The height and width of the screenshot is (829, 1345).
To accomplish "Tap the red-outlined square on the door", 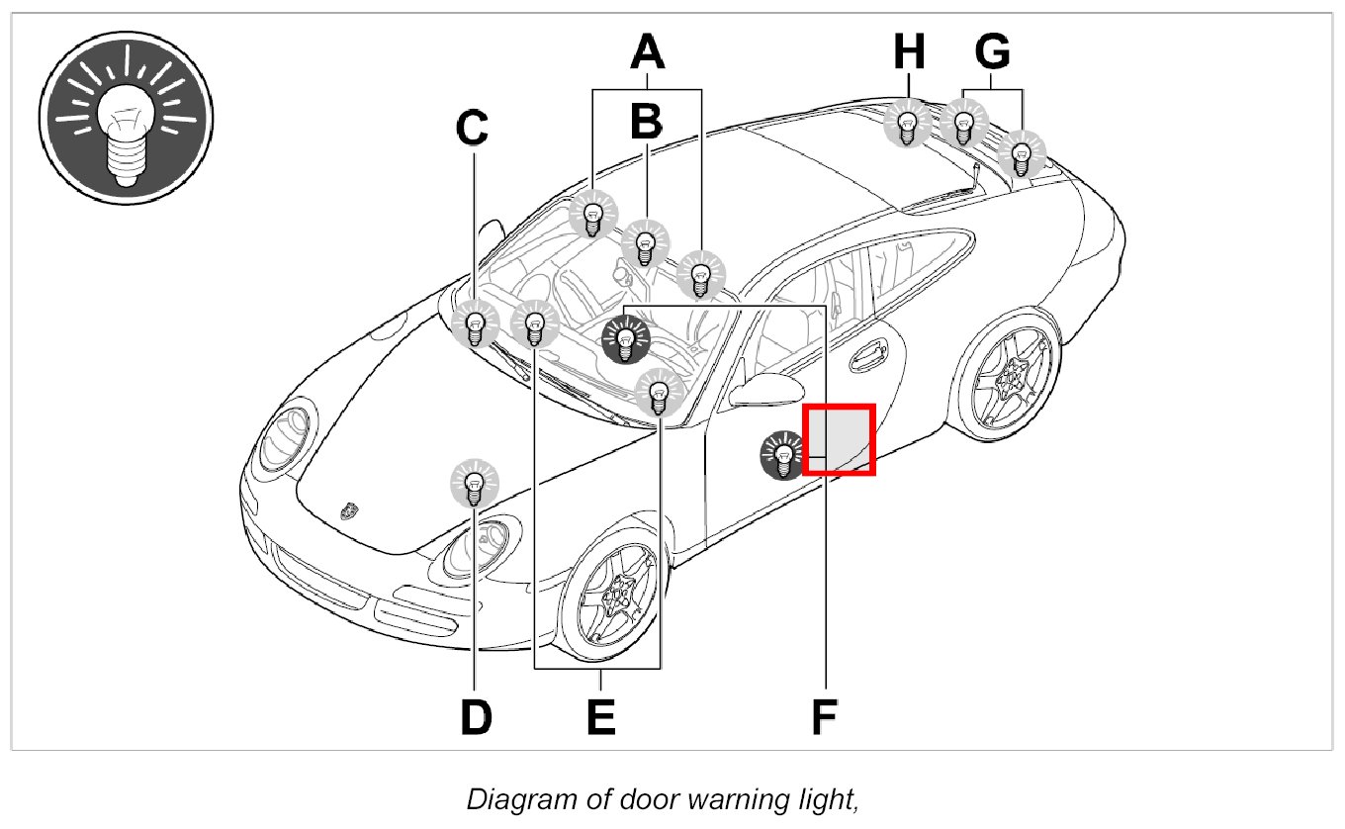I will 839,439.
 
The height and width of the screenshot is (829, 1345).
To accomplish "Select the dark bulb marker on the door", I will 783,455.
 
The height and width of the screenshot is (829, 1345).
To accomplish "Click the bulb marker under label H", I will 907,125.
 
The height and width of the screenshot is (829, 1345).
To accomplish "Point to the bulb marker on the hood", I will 475,485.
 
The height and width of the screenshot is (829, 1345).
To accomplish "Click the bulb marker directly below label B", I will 646,243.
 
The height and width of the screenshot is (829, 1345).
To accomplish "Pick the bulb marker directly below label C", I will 476,324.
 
